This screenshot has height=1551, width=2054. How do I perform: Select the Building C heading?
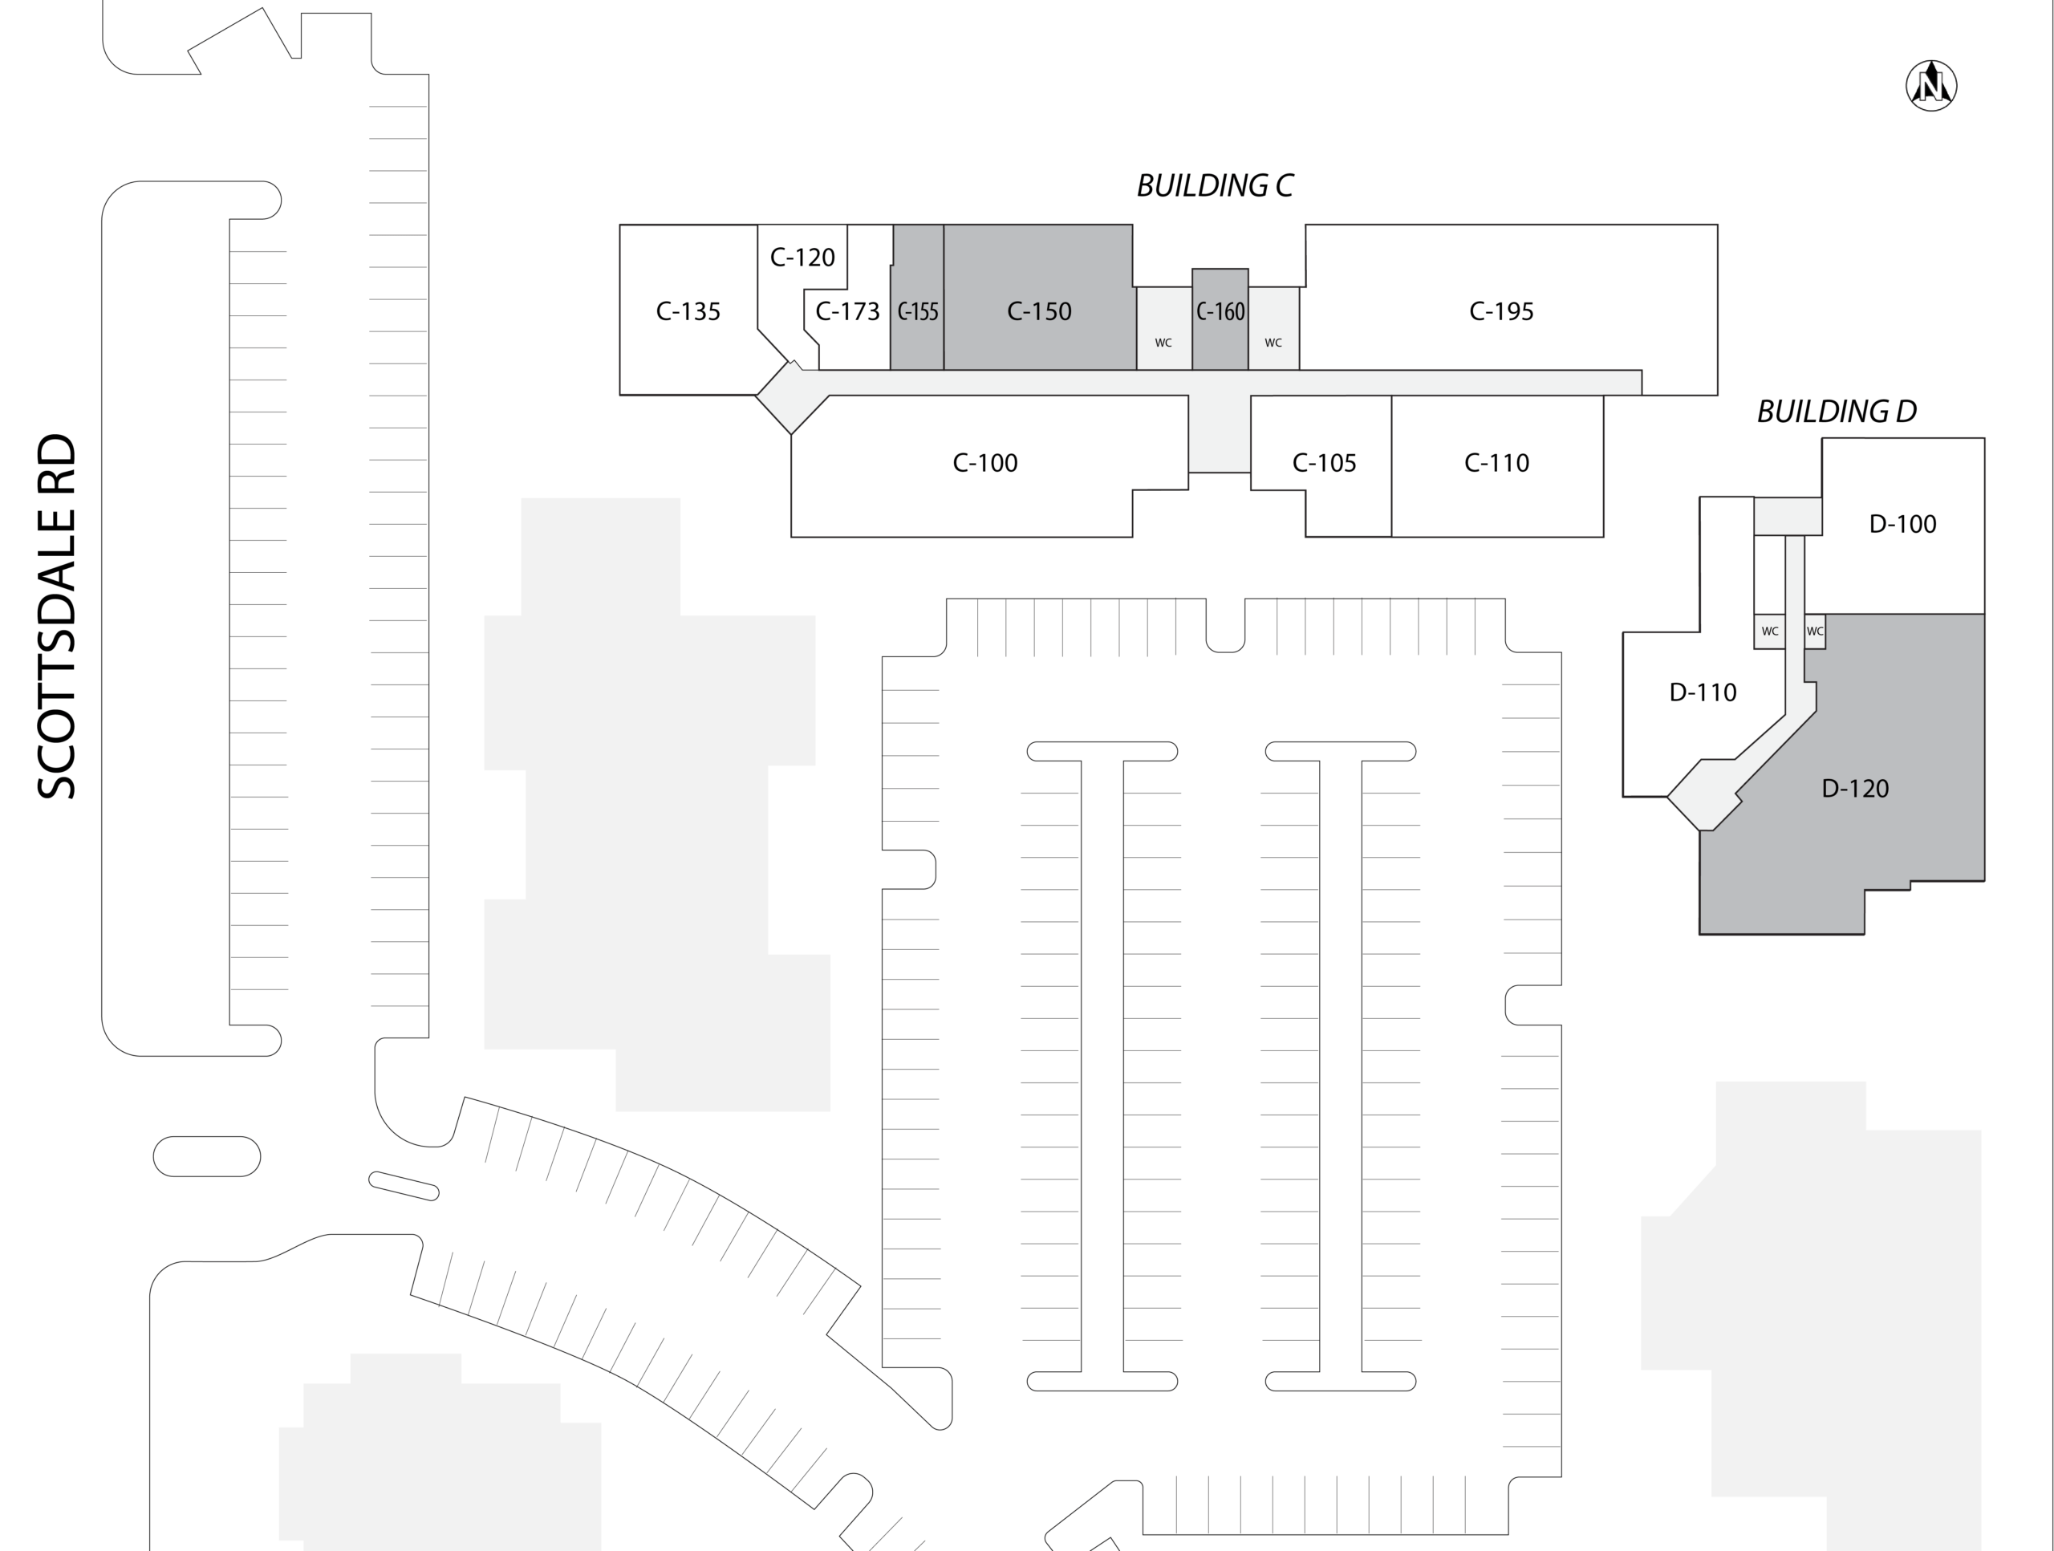click(1215, 185)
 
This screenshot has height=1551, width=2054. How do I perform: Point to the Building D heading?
click(1836, 412)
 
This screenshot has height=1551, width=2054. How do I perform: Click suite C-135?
click(688, 311)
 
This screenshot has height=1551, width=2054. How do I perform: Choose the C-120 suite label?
click(802, 258)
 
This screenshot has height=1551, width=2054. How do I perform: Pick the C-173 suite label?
click(846, 311)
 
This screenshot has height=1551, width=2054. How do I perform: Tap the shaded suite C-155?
click(917, 311)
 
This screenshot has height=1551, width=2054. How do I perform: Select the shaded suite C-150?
click(1039, 311)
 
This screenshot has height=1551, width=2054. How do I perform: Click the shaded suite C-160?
click(1220, 311)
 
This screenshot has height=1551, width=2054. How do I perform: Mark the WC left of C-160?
click(1163, 343)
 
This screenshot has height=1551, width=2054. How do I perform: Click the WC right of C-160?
click(1273, 343)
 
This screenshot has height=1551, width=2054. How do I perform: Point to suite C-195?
click(1500, 311)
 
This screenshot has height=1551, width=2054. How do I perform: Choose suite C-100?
click(985, 462)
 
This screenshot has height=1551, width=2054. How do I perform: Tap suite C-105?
click(1324, 462)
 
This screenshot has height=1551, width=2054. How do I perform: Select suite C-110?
click(1496, 462)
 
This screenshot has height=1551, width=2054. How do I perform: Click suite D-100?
click(1902, 524)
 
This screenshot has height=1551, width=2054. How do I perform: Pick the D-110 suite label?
click(1703, 692)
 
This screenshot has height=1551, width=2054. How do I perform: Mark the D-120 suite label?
click(1855, 789)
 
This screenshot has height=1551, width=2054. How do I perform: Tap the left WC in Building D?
click(1770, 631)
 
